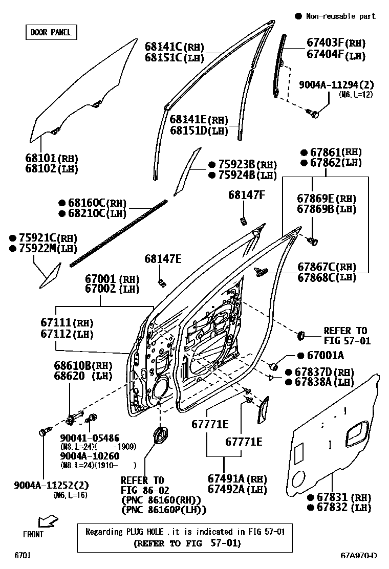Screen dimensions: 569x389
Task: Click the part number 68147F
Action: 247,195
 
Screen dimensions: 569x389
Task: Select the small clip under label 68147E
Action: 162,282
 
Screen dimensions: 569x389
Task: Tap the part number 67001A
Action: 325,356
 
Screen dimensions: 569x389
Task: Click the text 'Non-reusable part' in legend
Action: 340,16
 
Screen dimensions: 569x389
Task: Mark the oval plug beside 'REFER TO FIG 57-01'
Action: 301,335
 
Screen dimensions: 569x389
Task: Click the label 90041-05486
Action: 90,437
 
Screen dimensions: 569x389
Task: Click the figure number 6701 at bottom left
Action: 23,555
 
